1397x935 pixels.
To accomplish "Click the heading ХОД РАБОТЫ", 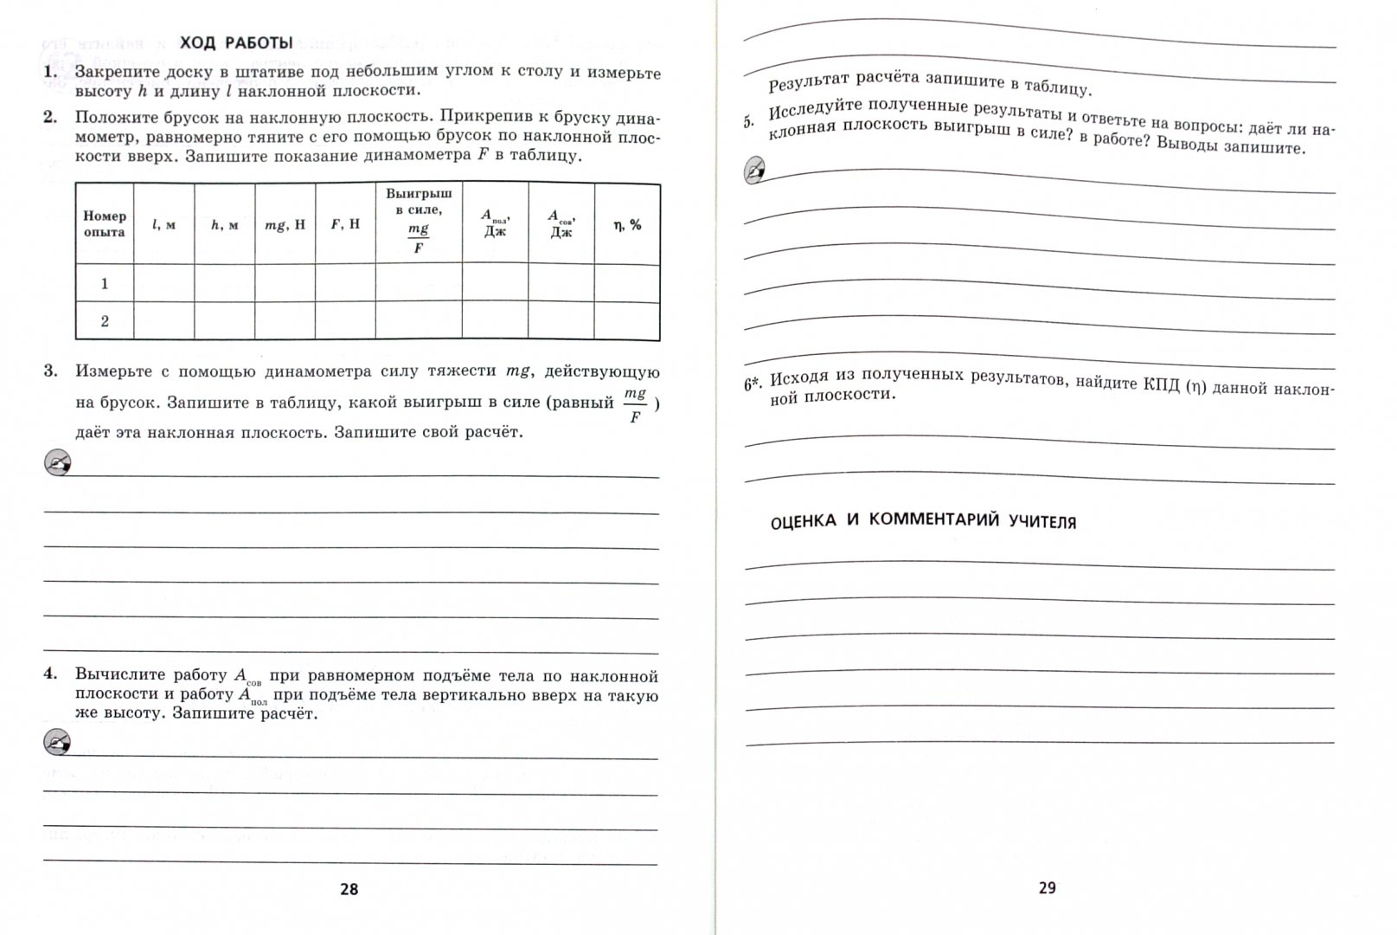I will point(235,42).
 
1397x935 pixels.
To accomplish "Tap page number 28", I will point(349,889).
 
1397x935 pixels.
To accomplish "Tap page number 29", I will point(1047,887).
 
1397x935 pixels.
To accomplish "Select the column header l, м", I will point(163,224).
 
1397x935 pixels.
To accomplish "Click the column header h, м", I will point(224,224).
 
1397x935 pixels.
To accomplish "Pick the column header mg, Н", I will point(285,224).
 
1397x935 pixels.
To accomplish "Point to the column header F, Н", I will point(345,224).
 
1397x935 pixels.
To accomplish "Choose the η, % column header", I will point(627,224).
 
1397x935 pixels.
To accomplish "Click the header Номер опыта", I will point(105,224).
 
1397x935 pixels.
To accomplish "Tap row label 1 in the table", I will point(105,283).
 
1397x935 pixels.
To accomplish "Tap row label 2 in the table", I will point(105,321).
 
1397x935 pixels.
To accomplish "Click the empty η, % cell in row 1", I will point(627,283).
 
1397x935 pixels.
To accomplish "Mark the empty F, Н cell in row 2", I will point(345,321).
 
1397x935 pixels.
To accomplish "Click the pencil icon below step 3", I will point(58,463).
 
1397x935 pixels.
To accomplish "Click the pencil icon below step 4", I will point(58,742).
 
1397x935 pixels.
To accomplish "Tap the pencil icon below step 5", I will point(755,171).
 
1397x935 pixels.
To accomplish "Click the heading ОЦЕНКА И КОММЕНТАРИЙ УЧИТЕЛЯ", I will point(923,520).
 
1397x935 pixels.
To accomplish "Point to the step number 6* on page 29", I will point(753,384).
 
